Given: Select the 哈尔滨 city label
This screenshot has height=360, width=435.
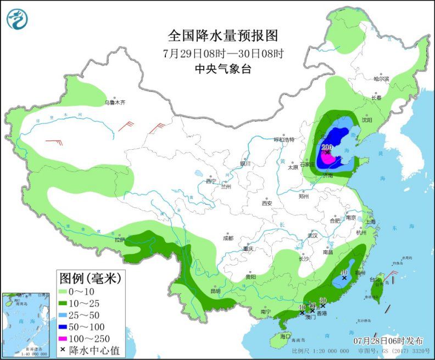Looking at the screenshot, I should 381,79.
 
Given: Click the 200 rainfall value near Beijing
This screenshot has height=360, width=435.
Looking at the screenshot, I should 327,147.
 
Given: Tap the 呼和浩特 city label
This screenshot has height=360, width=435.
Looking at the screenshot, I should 285,139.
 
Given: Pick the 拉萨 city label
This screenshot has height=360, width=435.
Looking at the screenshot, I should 120,239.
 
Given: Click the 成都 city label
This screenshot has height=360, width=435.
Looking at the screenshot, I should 228,238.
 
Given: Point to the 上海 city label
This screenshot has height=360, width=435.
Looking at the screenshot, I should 370,222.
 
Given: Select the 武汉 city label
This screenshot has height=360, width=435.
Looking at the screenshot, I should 313,235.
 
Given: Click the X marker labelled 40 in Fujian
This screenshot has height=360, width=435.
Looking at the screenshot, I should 344,278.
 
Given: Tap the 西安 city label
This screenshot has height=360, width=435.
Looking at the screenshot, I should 267,203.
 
